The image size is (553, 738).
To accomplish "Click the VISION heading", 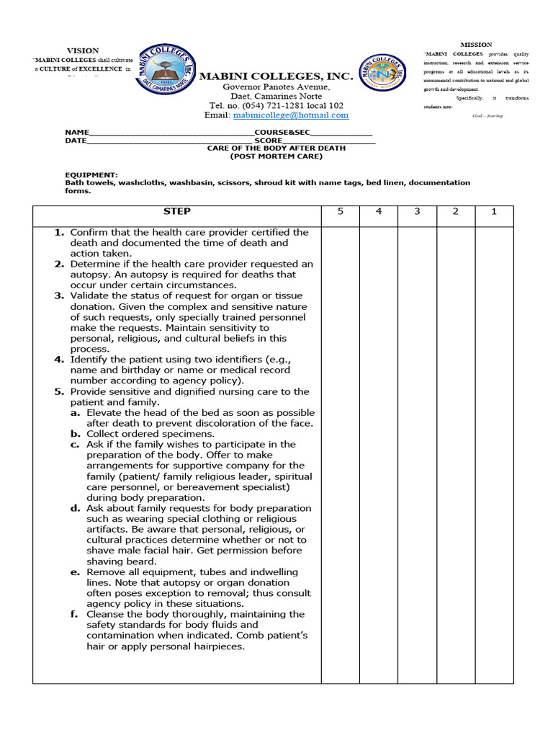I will (x=83, y=50).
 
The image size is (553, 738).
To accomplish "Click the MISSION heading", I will (x=476, y=45).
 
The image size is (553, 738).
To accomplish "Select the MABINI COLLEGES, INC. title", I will (x=276, y=76).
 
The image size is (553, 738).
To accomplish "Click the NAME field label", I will (x=76, y=133).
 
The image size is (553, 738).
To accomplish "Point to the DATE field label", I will (x=75, y=141).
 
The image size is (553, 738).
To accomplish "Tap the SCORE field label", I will (x=277, y=141).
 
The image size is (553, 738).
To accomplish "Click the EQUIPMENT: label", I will (x=91, y=174).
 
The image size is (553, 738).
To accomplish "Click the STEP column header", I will (x=176, y=211).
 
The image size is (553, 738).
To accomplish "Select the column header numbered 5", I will (x=341, y=211).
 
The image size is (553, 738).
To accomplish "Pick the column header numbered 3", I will (x=417, y=211).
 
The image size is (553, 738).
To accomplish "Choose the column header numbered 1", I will (x=494, y=211).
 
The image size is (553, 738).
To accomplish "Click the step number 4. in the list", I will (x=60, y=360).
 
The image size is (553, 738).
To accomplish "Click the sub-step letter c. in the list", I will (x=75, y=445).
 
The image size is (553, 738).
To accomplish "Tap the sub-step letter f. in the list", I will (x=75, y=615).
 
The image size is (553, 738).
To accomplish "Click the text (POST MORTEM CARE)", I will (x=276, y=156).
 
